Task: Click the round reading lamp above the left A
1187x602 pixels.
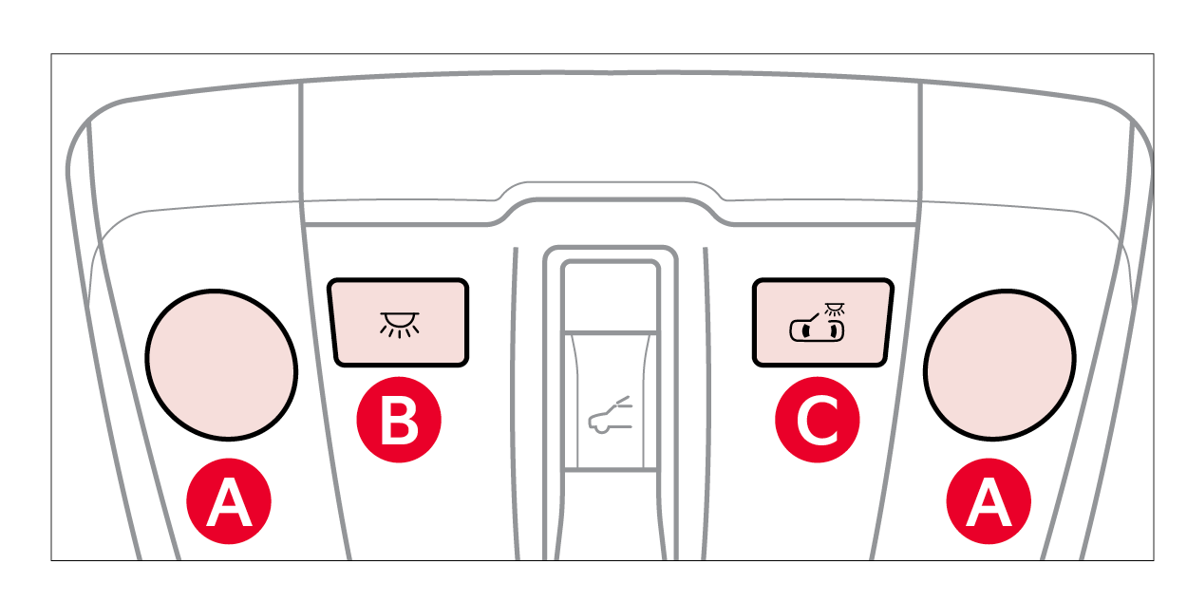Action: (x=221, y=365)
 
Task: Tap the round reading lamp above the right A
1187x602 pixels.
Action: (x=999, y=365)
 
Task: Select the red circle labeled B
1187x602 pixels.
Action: (x=399, y=420)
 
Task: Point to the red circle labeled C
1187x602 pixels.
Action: (x=817, y=420)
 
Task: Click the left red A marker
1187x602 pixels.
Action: (x=229, y=500)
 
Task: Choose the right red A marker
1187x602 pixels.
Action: (x=989, y=500)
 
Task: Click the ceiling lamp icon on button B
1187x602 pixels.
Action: (x=400, y=325)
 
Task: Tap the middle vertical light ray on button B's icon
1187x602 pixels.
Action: (x=400, y=334)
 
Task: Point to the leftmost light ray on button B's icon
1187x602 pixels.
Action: (x=383, y=329)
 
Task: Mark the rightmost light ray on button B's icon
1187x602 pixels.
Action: (x=416, y=329)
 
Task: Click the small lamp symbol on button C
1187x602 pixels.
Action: (x=835, y=309)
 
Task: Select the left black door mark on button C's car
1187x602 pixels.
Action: (x=806, y=331)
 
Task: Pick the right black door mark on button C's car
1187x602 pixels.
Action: (x=834, y=331)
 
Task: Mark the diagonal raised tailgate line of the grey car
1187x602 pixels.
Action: (x=623, y=401)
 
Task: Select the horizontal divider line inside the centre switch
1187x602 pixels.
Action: (x=611, y=332)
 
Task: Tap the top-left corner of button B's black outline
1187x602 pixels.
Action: (x=330, y=280)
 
